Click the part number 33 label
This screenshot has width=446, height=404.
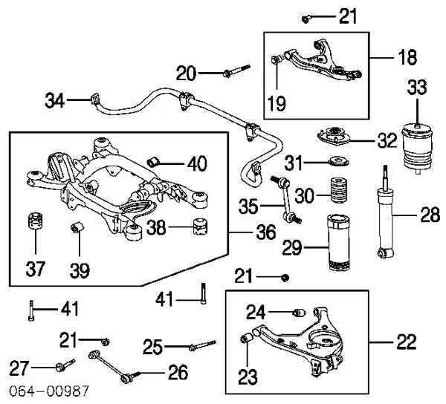pyautogui.click(x=417, y=88)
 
